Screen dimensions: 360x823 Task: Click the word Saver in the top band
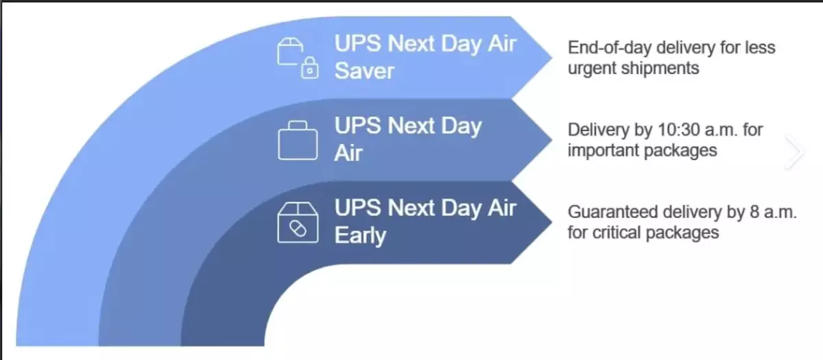click(x=364, y=70)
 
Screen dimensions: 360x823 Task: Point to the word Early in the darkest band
click(x=360, y=235)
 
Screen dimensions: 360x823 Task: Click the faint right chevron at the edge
click(x=795, y=152)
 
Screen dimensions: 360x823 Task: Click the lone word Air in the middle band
click(x=348, y=152)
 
